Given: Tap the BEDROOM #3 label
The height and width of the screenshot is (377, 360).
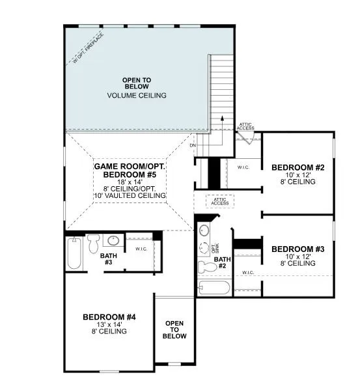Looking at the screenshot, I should [x=293, y=249].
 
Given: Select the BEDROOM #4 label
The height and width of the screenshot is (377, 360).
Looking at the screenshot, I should [x=109, y=317].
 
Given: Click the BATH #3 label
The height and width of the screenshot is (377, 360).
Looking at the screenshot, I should [x=109, y=258].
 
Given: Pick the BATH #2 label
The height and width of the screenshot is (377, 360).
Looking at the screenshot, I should [x=222, y=262].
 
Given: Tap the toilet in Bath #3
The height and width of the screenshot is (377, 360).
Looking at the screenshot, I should [x=92, y=244].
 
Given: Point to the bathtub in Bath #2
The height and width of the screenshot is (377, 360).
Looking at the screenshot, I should [x=214, y=288].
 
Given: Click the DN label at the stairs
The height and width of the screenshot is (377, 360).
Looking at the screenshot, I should [x=193, y=145].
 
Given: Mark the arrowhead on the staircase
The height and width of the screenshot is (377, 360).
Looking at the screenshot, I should [x=221, y=119].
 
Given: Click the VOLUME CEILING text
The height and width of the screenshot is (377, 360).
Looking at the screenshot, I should [x=136, y=96].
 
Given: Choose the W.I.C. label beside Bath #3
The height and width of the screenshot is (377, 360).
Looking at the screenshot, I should [x=141, y=248].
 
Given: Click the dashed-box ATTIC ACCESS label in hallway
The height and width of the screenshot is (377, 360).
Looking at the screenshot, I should [x=220, y=201].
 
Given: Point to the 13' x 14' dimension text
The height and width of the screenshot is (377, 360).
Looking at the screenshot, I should [x=109, y=324].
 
